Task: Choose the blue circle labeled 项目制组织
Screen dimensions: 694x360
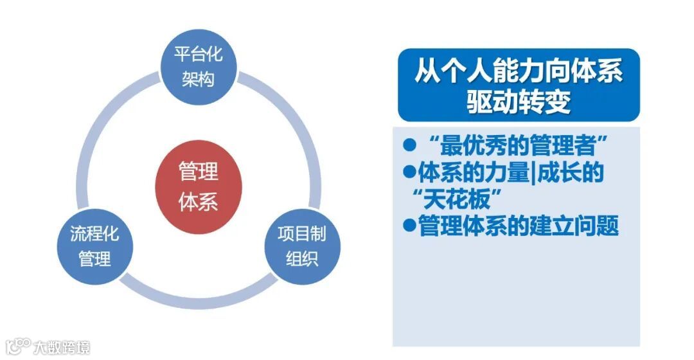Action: [302, 246]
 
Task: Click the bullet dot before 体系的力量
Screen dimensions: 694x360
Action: [409, 172]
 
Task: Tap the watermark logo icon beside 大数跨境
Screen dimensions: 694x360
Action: [17, 347]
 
